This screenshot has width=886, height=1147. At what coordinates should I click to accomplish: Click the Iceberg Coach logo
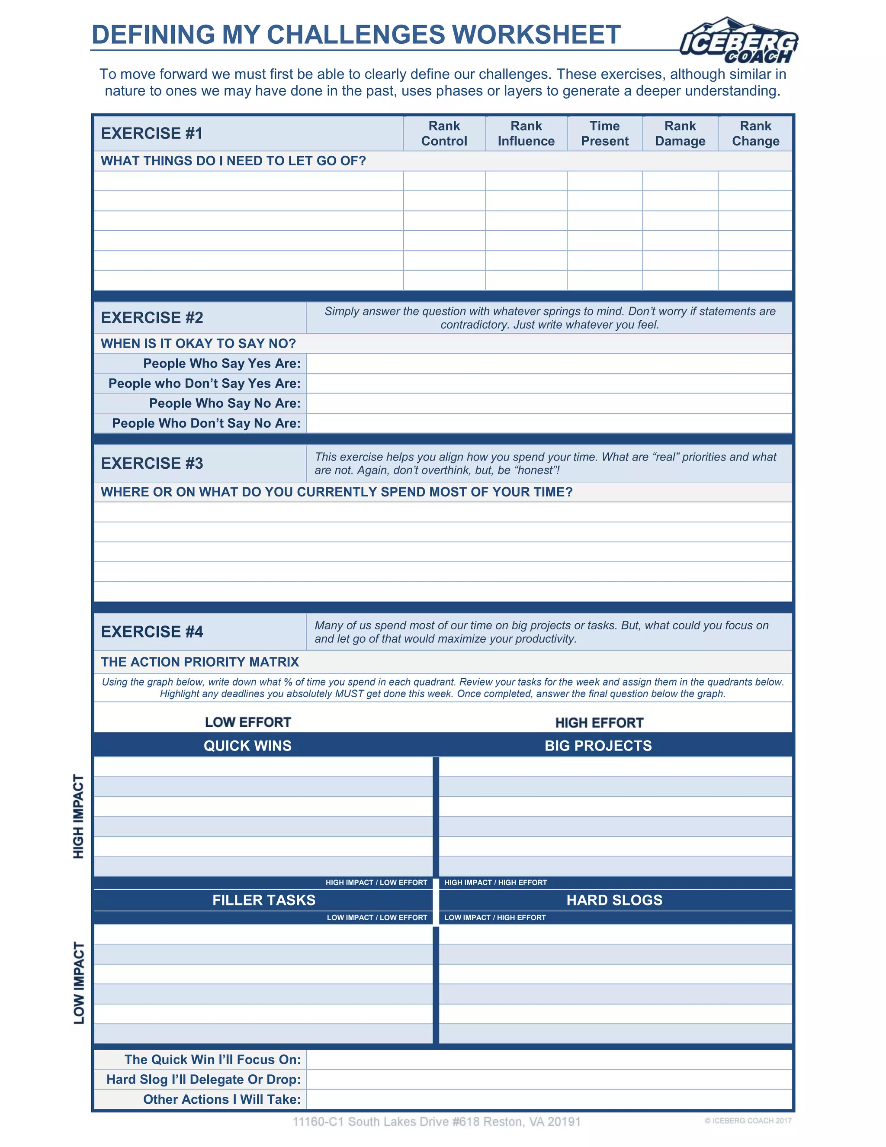(739, 41)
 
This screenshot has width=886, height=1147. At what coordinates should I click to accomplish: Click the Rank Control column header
(444, 133)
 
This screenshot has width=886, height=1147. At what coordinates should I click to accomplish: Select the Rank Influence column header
(526, 133)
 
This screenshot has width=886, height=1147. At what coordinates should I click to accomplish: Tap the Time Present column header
(605, 133)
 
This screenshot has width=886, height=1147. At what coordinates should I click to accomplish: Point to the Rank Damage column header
(680, 133)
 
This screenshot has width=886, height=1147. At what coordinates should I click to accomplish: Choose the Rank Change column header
(755, 133)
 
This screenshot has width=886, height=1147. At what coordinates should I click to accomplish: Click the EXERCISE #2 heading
(152, 318)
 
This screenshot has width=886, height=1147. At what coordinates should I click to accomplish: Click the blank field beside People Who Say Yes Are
(549, 364)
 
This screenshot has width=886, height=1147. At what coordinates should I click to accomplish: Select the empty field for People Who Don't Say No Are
(549, 423)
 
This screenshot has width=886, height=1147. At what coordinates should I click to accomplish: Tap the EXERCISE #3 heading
(152, 463)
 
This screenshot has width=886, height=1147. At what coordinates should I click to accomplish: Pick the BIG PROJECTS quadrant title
(598, 746)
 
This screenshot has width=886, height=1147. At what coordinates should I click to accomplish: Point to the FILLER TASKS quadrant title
(263, 900)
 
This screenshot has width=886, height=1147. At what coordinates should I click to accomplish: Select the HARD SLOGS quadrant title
(614, 900)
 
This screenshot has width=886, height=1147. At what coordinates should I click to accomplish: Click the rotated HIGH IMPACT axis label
(78, 816)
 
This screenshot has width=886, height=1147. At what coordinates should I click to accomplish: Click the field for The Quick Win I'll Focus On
(549, 1060)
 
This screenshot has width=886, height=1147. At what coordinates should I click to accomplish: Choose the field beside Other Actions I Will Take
(549, 1100)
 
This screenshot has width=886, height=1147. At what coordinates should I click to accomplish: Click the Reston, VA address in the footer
(436, 1122)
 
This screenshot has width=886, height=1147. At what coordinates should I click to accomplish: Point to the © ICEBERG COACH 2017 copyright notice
(748, 1121)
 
